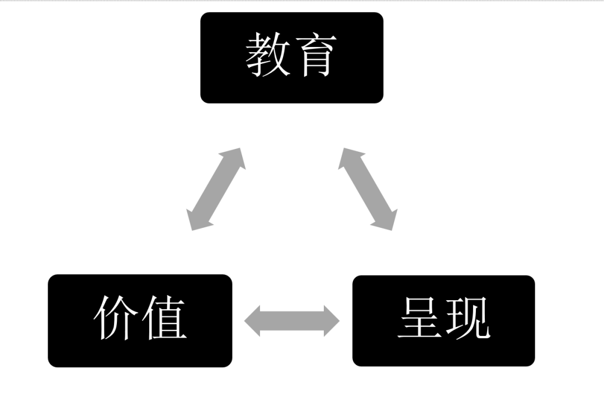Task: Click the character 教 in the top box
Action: (x=268, y=54)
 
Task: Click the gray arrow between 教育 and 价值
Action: (x=216, y=189)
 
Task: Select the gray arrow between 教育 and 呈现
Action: (x=368, y=189)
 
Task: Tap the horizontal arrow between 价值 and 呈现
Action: (x=292, y=321)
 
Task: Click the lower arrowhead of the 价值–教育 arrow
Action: (x=197, y=220)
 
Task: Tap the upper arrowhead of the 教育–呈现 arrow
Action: (x=349, y=158)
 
